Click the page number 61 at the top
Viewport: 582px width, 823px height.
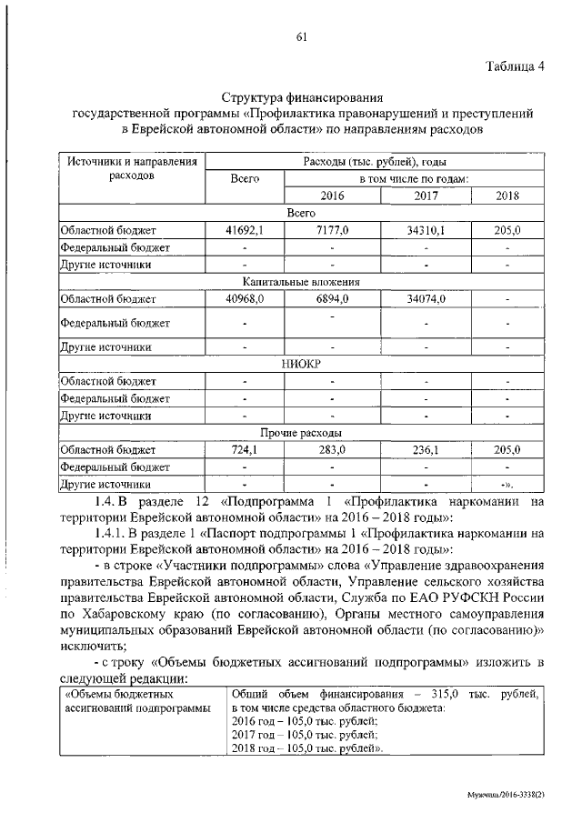[x=301, y=36]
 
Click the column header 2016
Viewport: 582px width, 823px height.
[x=333, y=196]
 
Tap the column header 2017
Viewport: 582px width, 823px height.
[x=426, y=196]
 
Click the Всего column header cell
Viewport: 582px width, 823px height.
[x=246, y=179]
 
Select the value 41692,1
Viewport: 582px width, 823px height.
[x=245, y=231]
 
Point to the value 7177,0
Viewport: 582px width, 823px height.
[x=333, y=231]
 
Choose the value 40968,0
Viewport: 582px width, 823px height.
[x=245, y=298]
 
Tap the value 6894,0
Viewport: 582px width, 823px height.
[x=333, y=298]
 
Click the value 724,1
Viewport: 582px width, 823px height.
[x=245, y=450]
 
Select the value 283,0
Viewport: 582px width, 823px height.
[x=333, y=450]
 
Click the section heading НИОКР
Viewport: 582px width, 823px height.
[x=301, y=364]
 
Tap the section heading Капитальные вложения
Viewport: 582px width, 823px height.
[x=301, y=282]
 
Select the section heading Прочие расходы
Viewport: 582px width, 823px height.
[x=301, y=433]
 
